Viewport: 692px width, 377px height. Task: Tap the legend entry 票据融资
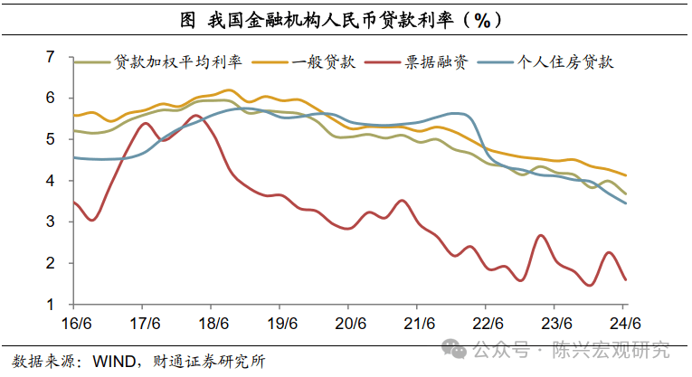click(x=435, y=62)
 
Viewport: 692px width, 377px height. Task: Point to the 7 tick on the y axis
click(x=52, y=57)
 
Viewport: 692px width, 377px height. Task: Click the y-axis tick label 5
click(x=52, y=139)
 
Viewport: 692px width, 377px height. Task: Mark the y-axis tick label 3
click(x=52, y=221)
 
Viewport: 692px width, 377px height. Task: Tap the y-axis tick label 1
click(x=52, y=305)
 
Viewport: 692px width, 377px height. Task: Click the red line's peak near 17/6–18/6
click(x=195, y=115)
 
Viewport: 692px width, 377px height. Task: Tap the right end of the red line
click(x=626, y=279)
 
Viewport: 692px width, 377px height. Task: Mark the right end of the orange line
click(x=626, y=175)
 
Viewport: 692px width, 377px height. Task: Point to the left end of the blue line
click(x=73, y=157)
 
